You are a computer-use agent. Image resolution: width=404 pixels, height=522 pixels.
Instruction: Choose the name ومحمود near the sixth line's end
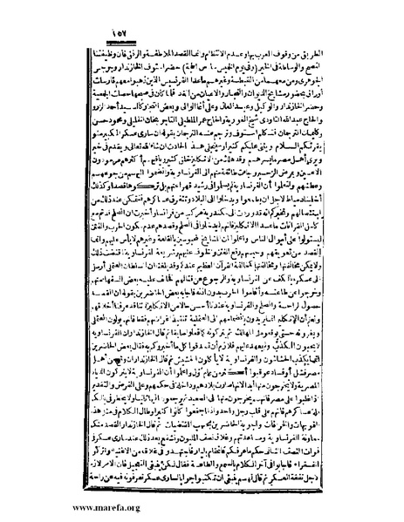click(79, 120)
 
